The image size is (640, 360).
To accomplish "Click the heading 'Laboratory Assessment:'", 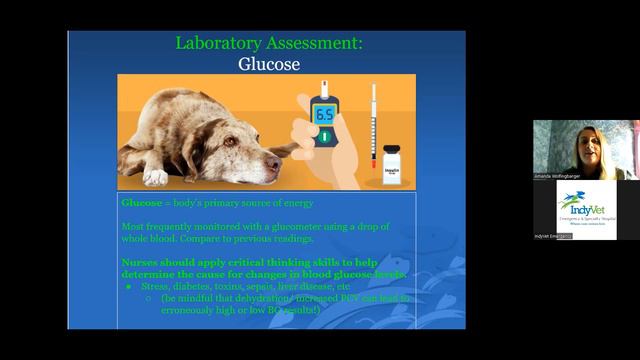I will tap(269, 43).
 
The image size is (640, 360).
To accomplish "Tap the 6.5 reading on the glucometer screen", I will tap(324, 115).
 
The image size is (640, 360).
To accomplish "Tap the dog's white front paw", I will tap(155, 176).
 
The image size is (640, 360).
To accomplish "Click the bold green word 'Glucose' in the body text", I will tap(142, 203).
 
